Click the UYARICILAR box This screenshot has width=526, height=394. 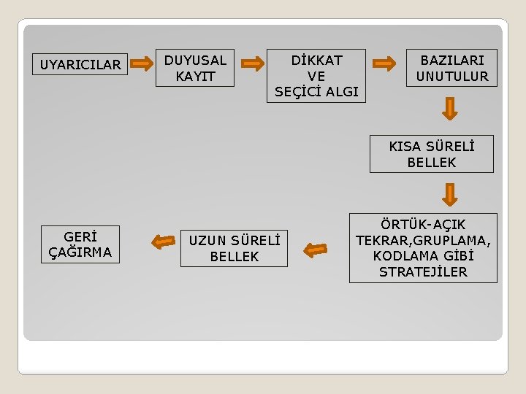click(80, 64)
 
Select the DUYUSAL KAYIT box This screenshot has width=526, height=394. click(196, 68)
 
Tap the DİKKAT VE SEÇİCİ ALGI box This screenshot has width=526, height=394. click(316, 75)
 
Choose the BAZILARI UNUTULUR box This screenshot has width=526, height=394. click(451, 68)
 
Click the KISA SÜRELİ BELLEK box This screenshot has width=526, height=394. click(431, 154)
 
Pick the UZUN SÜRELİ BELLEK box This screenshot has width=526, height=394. click(234, 248)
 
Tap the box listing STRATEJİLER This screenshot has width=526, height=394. click(423, 248)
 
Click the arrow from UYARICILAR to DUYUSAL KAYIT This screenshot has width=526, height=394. click(142, 64)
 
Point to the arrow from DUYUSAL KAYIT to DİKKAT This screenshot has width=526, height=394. click(253, 63)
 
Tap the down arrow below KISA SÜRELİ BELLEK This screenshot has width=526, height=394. click(451, 193)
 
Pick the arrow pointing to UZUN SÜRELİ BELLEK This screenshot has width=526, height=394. click(316, 250)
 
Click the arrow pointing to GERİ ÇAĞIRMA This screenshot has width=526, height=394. click(161, 241)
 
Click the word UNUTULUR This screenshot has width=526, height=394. click(452, 76)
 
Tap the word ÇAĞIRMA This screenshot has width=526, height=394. click(80, 252)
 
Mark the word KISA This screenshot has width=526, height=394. click(405, 146)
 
